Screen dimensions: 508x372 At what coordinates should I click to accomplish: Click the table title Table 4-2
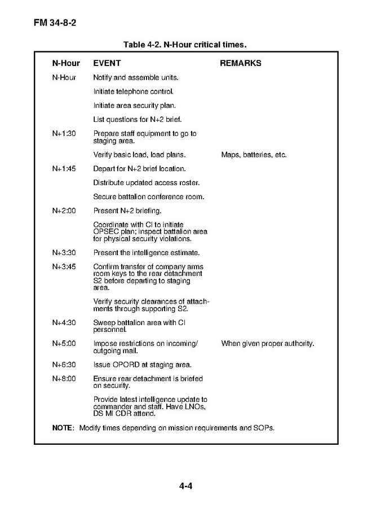[185, 43]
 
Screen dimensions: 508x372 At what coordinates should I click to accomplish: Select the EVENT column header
[107, 63]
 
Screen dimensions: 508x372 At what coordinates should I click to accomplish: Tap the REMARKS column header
[240, 63]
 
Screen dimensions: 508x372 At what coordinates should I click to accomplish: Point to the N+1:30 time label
[64, 134]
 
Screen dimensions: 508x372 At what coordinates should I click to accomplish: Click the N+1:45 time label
[64, 169]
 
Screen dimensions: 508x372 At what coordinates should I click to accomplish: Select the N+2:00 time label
[64, 211]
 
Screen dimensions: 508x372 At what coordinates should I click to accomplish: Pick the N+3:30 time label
[64, 253]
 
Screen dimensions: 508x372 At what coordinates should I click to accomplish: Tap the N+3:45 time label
[64, 266]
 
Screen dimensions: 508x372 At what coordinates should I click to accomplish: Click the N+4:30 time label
[64, 322]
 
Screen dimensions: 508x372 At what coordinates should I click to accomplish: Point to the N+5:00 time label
[64, 343]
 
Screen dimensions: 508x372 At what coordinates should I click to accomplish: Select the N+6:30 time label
[64, 364]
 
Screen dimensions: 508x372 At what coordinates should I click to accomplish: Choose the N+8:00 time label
[64, 378]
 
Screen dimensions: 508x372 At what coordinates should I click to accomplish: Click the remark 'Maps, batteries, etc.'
[254, 155]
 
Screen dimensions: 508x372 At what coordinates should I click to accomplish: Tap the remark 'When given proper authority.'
[267, 343]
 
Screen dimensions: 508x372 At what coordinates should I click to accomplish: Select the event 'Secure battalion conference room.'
[148, 197]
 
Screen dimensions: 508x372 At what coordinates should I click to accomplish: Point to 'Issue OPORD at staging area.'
[142, 364]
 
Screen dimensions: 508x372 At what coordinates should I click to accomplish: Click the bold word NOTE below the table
[63, 427]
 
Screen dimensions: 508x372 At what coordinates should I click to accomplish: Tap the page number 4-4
[186, 485]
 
